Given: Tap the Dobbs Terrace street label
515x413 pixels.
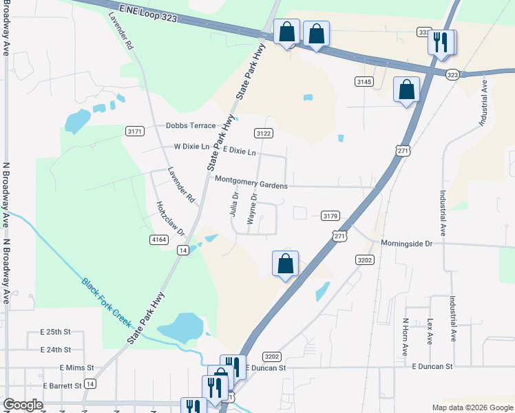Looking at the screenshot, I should coord(191,126).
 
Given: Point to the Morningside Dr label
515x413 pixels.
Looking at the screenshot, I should coord(408,244).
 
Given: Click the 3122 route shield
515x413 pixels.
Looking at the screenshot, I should coord(263,134).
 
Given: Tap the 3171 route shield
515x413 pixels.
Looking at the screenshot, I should coord(135,131).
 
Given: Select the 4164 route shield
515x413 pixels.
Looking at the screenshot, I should coord(158,239).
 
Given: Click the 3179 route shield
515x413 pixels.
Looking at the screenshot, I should coord(330,216).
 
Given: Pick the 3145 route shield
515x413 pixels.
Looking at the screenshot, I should coord(364,82).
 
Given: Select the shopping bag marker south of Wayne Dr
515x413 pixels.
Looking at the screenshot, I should coord(285,263).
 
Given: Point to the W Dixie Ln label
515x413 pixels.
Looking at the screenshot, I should coord(191,147).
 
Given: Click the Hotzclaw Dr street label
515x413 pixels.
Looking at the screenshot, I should coord(171,219).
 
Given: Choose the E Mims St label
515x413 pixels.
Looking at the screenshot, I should coord(76,368).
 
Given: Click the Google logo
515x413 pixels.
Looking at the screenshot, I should coord(23,405).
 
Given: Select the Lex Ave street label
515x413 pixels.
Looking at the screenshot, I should coord(429,331).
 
